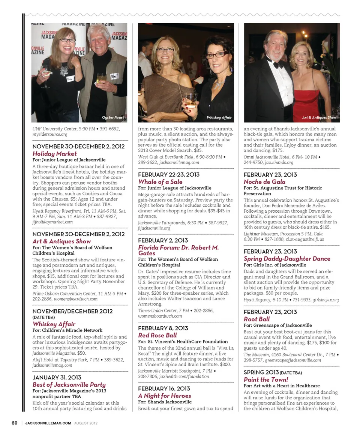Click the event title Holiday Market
pos(54,154)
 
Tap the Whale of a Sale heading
pos(160,182)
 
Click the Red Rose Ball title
pos(157,335)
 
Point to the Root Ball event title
pos(256,319)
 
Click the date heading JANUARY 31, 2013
pos(57,377)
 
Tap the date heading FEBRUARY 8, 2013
pos(163,328)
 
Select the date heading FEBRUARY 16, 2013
pos(164,388)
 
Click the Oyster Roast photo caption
pos(113,118)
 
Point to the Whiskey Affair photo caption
pos(219,118)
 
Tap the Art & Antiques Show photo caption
pos(319,118)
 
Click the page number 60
pos(15,423)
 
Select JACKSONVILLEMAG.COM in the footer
pos(48,423)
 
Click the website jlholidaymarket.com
pos(52,222)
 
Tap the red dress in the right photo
pos(306,103)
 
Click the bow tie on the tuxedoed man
pos(278,64)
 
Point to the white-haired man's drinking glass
pos(101,78)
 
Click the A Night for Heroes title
pos(164,396)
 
